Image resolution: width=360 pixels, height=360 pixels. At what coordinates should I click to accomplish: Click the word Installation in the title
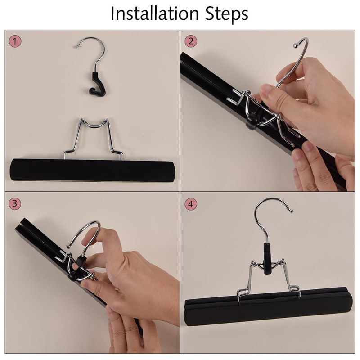(154, 13)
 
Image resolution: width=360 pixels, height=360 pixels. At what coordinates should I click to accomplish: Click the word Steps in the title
(227, 14)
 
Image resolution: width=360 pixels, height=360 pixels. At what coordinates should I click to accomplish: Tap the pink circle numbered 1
(15, 41)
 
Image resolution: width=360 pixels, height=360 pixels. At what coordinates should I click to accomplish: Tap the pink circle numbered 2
(191, 41)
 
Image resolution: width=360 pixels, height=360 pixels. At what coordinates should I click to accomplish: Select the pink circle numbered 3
(15, 203)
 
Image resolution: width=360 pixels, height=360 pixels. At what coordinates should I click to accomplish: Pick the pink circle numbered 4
(191, 204)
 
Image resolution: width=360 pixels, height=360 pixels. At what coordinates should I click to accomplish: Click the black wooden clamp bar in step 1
(92, 170)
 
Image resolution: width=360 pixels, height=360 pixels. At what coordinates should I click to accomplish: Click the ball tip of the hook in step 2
(296, 46)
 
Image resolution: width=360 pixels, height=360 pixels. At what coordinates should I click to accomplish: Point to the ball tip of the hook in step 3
(68, 246)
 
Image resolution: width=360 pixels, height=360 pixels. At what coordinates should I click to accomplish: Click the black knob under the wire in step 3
(72, 276)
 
